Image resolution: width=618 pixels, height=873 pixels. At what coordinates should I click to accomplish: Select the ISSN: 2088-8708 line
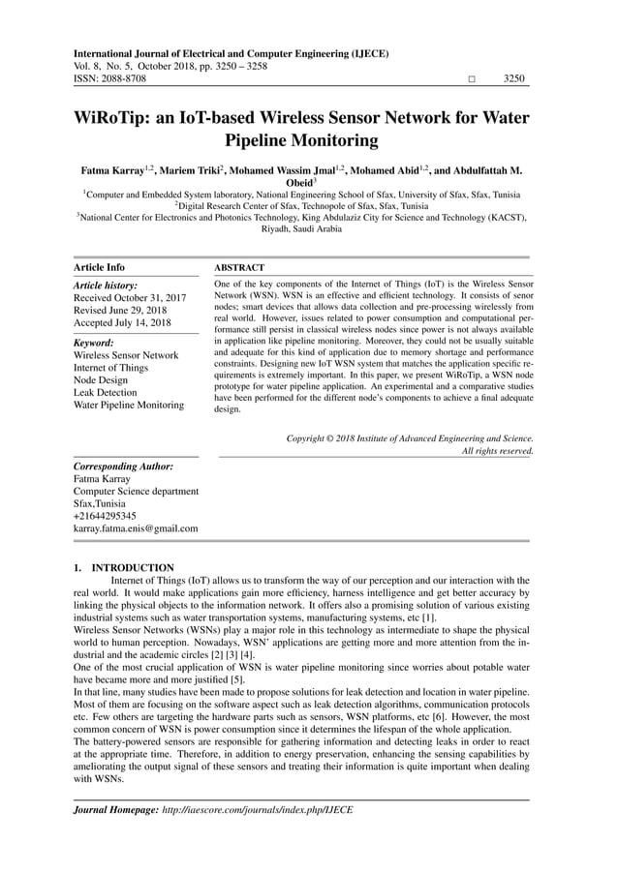click(x=110, y=78)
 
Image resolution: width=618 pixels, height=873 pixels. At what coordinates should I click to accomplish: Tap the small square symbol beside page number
click(x=472, y=79)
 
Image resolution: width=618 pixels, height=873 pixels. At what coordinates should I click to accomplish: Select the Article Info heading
click(x=100, y=267)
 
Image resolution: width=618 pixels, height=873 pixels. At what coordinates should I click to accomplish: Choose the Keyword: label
click(x=94, y=343)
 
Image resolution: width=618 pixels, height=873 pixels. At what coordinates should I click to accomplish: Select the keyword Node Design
click(x=103, y=380)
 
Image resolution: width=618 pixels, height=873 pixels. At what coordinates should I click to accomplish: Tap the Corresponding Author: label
click(x=124, y=467)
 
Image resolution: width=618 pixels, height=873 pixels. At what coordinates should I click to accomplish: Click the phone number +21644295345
click(x=105, y=516)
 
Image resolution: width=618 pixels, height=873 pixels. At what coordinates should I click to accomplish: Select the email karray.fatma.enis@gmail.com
click(x=136, y=528)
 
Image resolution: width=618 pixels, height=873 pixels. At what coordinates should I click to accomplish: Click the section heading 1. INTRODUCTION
click(x=124, y=568)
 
